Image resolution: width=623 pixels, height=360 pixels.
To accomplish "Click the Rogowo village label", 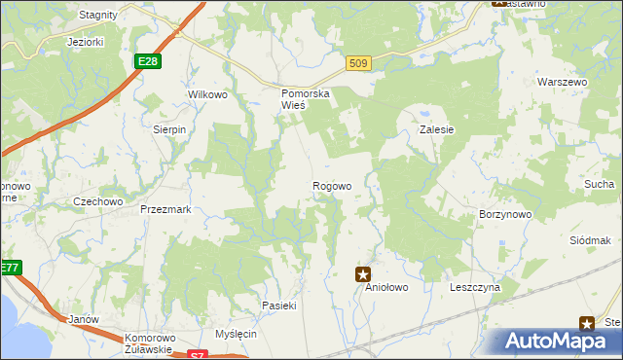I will coord(331,186).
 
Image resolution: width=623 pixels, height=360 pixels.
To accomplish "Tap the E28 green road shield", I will coord(147,61).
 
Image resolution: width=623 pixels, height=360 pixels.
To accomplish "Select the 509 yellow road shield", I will coord(358,64).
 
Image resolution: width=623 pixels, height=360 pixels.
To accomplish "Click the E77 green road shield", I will coord(9,268).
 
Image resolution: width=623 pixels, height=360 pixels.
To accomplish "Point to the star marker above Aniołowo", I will coord(363,275).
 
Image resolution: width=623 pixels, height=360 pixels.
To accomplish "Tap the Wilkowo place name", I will coord(207,95).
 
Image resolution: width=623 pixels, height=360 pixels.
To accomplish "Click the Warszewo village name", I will coord(564,83).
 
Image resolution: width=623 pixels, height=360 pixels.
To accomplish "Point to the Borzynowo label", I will coord(504,213).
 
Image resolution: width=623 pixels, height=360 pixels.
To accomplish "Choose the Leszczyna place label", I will coord(474,288).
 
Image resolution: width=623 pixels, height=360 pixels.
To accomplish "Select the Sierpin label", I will coord(169,128).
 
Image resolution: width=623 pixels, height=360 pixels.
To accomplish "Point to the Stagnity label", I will coord(98,15).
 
